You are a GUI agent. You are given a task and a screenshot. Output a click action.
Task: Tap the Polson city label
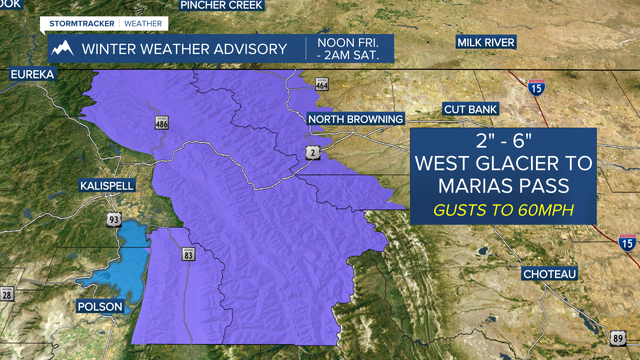pos(100,306)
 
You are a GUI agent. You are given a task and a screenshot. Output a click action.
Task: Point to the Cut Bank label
pos(470,109)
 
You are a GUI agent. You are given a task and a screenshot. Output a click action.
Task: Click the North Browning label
pos(355,119)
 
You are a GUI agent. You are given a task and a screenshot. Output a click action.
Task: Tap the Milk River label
pos(486,42)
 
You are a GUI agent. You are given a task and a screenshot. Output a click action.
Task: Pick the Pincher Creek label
pos(221,5)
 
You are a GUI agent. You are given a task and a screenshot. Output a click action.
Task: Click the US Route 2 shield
pos(312,153)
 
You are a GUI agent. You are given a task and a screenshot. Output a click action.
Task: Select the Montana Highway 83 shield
pos(188,254)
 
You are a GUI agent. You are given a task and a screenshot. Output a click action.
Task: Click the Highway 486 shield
pos(161,122)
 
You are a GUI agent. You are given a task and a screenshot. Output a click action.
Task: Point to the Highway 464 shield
pos(322,83)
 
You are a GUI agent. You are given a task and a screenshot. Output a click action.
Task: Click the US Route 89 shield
pos(618,338)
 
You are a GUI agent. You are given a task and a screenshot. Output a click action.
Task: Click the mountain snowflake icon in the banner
pos(63,48)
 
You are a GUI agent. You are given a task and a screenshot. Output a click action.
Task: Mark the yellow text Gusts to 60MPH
pos(503,210)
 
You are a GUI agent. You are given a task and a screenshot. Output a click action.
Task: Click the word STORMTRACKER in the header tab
pos(82,23)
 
